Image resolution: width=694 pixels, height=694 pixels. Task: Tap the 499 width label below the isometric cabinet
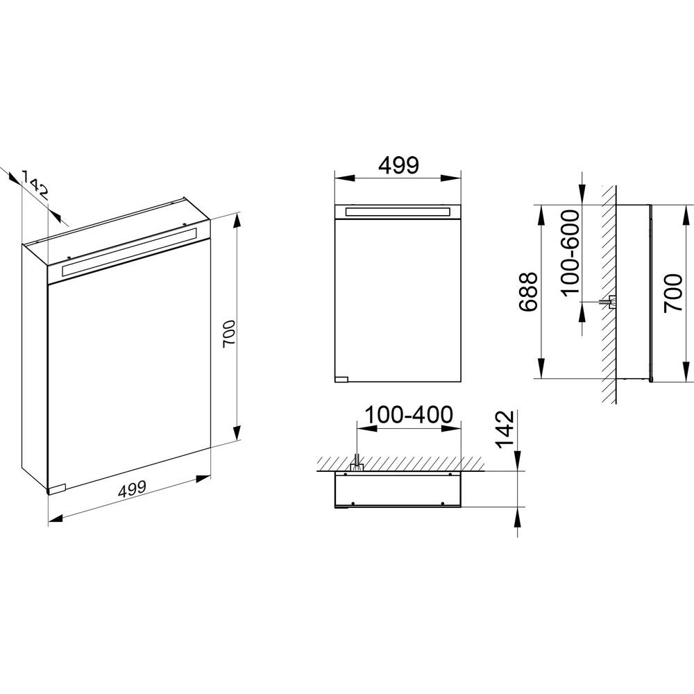(x=132, y=489)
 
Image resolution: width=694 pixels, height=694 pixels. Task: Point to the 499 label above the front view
(x=398, y=165)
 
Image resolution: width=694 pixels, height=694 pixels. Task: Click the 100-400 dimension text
(x=409, y=415)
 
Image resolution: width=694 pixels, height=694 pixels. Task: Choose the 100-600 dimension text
(x=570, y=253)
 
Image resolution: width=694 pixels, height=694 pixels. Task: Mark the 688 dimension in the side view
(x=528, y=292)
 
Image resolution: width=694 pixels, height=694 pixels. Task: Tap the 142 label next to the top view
(x=505, y=430)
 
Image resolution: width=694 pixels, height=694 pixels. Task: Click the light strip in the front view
(x=398, y=212)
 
